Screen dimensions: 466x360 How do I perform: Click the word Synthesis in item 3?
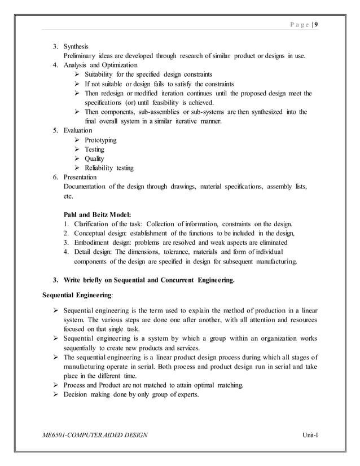pos(76,46)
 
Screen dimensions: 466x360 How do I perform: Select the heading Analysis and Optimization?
pos(99,65)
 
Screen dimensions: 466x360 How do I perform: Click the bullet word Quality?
pos(94,159)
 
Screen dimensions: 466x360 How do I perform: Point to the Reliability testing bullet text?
pos(109,168)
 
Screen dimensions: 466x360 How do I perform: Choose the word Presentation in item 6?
pos(80,177)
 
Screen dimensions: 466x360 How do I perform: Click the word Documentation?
pos(86,186)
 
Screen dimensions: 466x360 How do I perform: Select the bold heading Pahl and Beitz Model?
pos(97,214)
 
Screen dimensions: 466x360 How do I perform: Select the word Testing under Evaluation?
pos(94,149)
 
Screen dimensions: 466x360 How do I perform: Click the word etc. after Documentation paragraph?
pos(68,196)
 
